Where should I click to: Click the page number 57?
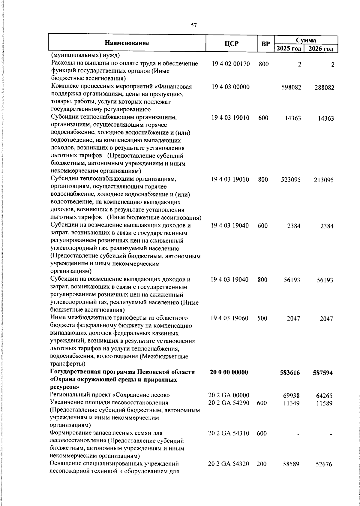[194, 26]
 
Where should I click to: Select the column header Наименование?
[127, 43]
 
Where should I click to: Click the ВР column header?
[265, 44]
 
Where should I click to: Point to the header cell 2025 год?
[289, 49]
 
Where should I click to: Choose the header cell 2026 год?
[321, 49]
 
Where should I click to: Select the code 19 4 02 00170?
[231, 64]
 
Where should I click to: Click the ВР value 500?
[262, 318]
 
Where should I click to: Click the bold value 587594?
[323, 373]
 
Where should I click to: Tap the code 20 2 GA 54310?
[229, 433]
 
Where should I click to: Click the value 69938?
[292, 396]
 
